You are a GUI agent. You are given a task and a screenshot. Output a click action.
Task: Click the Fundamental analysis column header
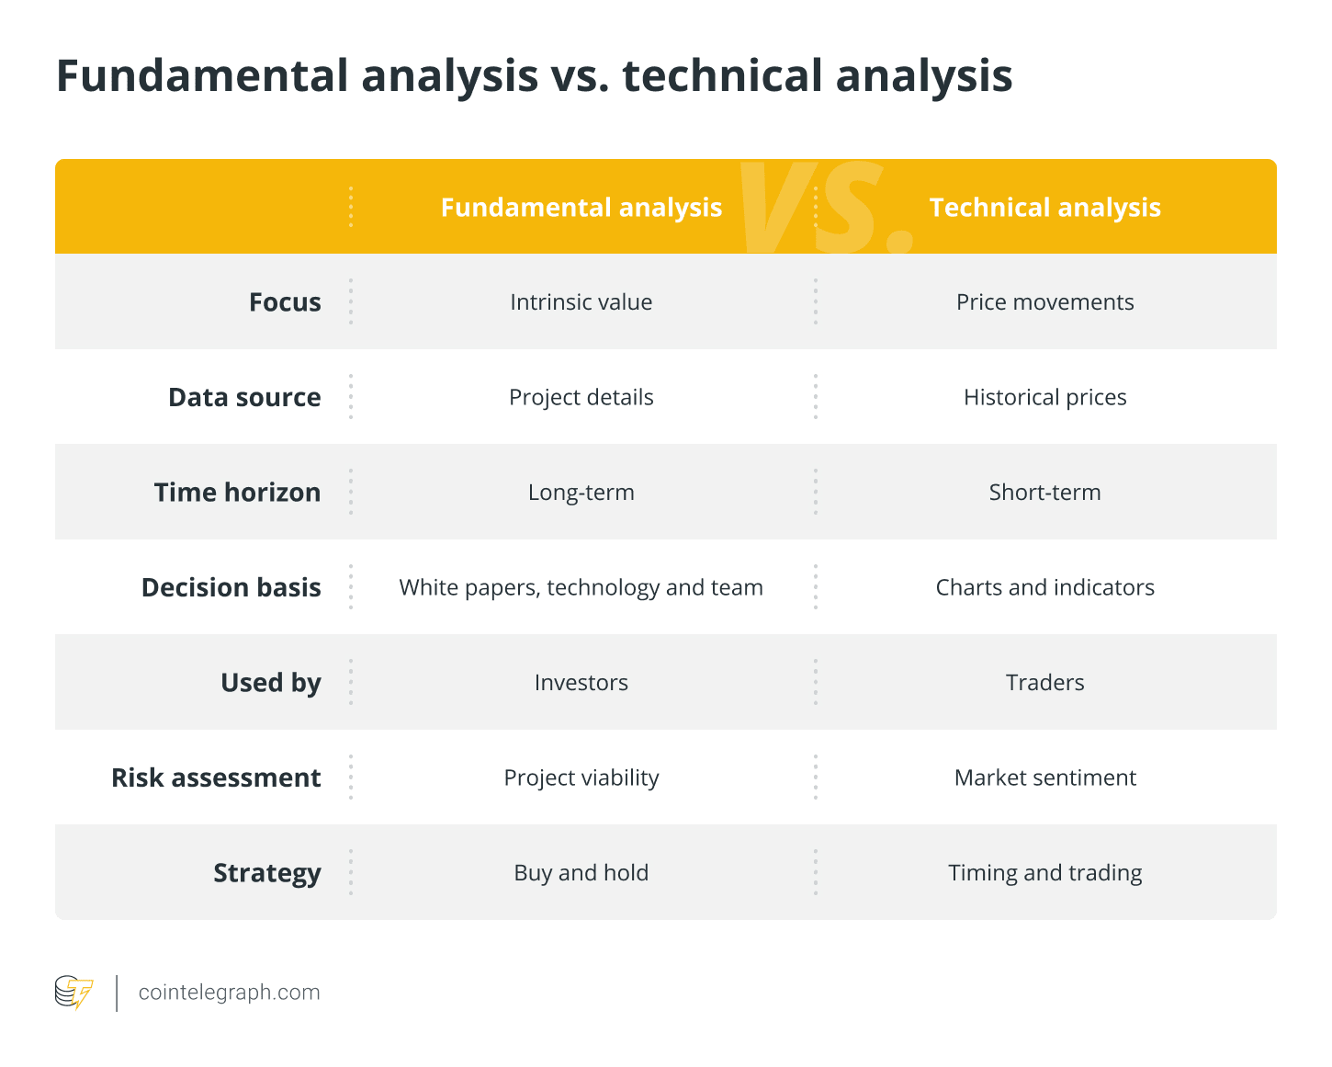point(581,208)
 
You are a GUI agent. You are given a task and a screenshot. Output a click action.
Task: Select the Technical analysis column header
point(1044,208)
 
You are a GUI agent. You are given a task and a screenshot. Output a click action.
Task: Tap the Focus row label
point(285,302)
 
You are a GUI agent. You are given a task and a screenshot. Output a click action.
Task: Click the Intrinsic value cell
point(581,302)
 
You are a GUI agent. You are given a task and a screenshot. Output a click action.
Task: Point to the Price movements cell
point(1044,302)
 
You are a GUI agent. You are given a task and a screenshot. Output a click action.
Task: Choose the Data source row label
point(244,397)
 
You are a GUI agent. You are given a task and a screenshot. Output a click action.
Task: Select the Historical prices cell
point(1044,398)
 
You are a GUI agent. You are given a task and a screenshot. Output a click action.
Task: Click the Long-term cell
point(581,493)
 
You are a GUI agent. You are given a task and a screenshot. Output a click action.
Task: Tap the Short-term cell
point(1044,493)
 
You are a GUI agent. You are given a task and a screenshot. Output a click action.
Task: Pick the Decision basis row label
point(231,587)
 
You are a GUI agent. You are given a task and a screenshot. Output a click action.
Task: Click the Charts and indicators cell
point(1044,587)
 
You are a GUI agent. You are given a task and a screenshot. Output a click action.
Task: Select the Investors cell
point(581,683)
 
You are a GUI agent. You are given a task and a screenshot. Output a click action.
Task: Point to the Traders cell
point(1044,683)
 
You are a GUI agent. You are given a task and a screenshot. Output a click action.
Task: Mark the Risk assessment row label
point(216,778)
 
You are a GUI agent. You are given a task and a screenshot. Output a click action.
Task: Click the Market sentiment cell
point(1044,778)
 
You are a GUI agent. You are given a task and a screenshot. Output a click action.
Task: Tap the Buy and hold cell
point(581,873)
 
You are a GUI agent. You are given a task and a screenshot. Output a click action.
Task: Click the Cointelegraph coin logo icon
point(73,992)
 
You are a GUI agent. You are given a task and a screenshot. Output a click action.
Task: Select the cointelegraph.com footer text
point(229,993)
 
